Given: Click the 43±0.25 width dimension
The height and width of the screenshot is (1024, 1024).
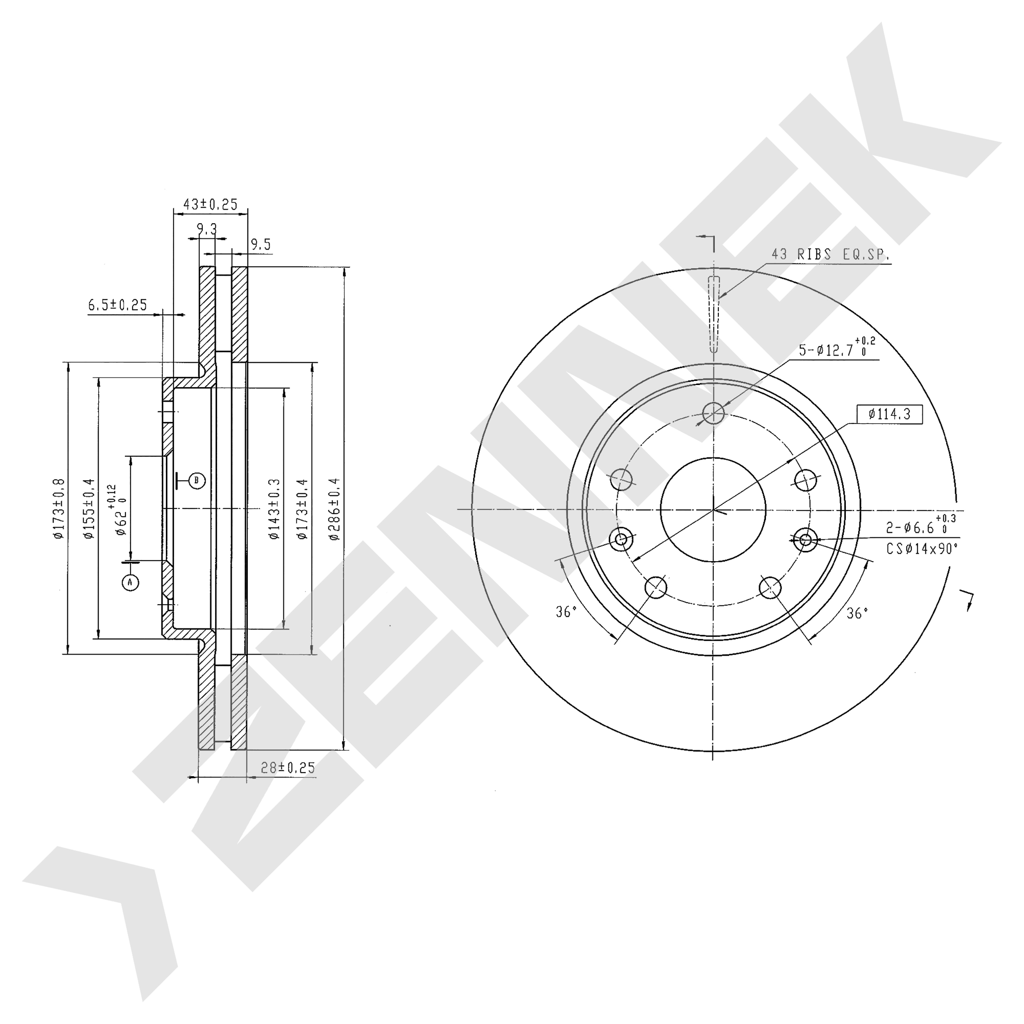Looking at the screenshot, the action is (211, 204).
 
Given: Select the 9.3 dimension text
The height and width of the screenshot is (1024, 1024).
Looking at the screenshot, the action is (207, 229).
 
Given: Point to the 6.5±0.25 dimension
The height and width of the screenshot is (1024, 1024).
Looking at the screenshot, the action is (118, 305).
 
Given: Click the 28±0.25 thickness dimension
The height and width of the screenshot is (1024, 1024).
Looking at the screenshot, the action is (288, 768).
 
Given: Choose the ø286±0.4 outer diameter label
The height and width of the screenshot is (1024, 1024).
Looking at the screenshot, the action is (334, 509).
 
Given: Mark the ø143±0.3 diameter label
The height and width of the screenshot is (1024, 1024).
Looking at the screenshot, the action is (274, 509).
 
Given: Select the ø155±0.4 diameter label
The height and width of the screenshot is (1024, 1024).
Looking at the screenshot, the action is (88, 508).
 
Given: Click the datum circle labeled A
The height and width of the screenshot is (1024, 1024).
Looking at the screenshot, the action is (130, 582).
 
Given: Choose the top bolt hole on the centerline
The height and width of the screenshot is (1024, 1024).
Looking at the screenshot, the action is (714, 413).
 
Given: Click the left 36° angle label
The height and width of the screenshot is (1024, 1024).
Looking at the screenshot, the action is (566, 612).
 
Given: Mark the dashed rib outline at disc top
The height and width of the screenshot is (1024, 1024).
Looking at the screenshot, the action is (714, 315).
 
